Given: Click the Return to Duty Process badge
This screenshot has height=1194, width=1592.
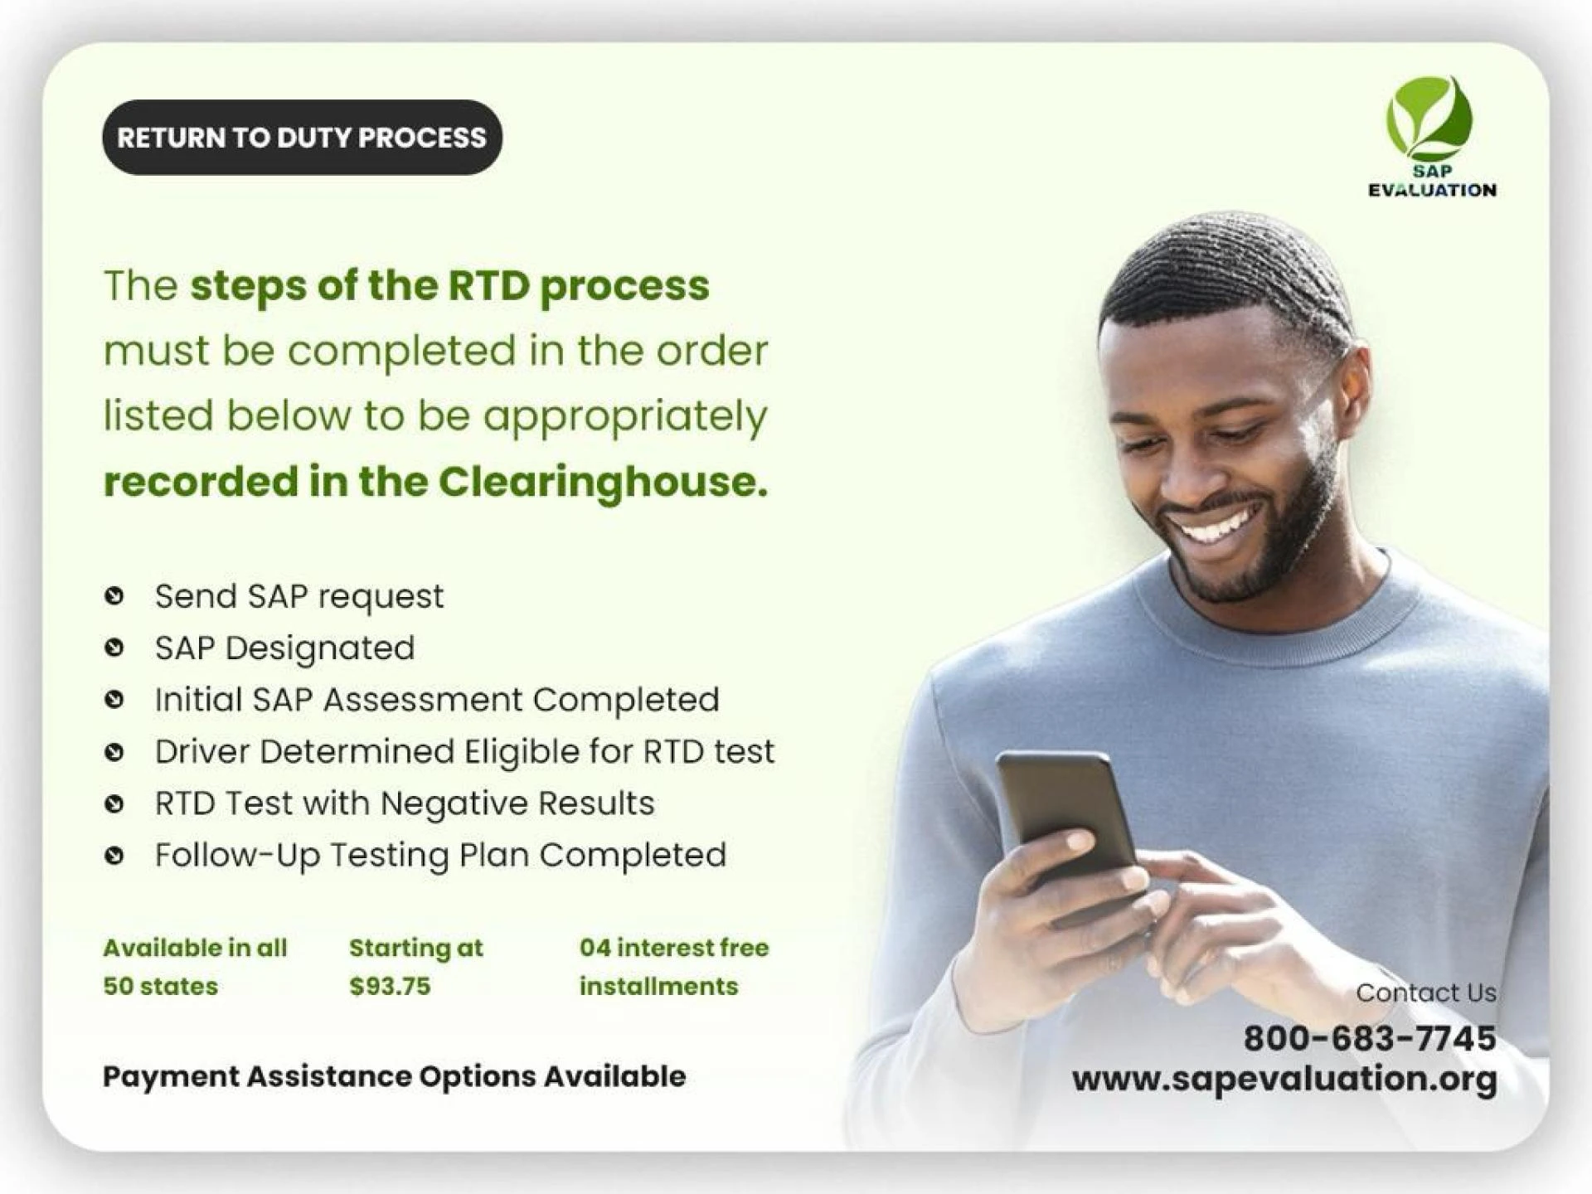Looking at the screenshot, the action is [302, 138].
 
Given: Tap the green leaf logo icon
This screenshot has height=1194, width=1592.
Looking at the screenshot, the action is [1429, 119].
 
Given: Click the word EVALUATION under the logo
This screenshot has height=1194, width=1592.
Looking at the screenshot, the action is [1432, 190].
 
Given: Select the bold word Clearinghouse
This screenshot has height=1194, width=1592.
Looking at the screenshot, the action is [603, 483].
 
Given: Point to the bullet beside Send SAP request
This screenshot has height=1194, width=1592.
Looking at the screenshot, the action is [114, 595].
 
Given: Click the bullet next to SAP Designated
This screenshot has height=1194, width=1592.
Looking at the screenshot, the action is [114, 648].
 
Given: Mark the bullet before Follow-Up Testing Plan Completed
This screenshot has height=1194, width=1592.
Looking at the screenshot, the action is [114, 855].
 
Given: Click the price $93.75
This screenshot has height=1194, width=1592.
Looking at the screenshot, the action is [390, 986].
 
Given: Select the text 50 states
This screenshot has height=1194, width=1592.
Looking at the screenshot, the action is [160, 986].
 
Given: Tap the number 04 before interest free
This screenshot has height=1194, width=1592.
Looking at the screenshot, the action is [594, 948].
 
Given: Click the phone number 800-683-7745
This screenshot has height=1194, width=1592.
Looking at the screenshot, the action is [1370, 1038].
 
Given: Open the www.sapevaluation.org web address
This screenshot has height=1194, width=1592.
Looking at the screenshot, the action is [1284, 1080].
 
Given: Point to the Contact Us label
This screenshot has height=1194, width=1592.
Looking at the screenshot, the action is [1426, 993].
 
